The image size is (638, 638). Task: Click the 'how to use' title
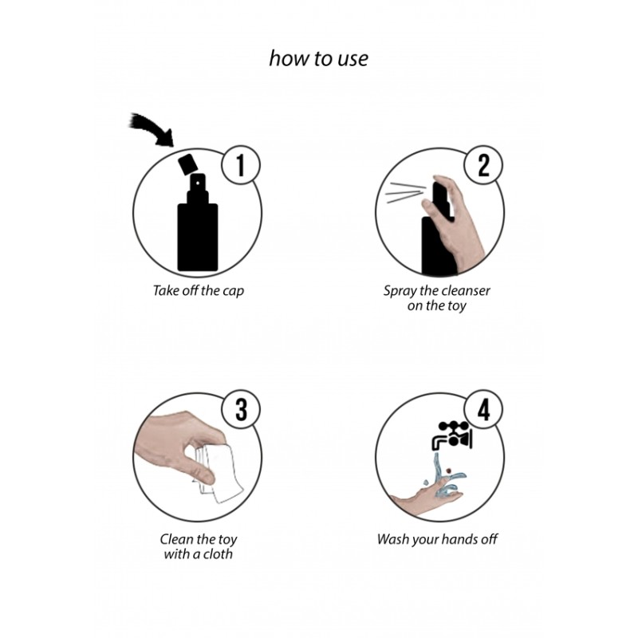tap(319, 60)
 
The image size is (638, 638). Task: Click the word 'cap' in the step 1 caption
tap(233, 290)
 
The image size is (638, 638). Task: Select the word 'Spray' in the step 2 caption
tap(399, 290)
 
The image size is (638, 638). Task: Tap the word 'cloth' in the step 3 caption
tap(219, 553)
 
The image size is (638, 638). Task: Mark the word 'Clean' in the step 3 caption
tap(171, 539)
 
